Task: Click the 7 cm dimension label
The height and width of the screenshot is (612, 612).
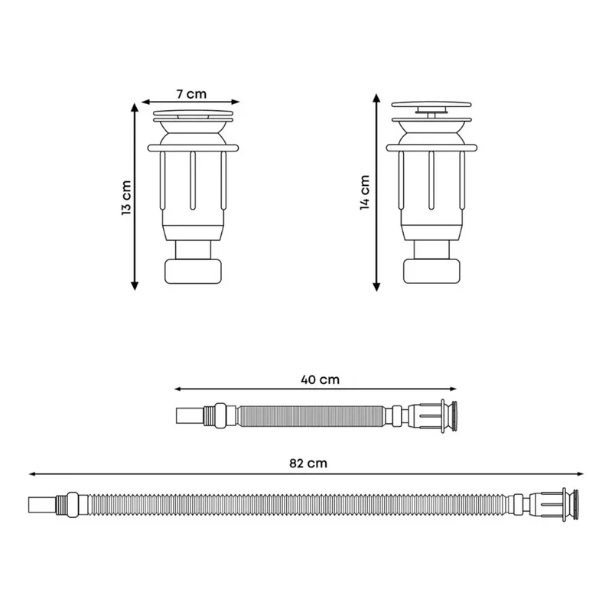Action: coord(191,94)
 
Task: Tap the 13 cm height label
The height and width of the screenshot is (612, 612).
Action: coord(126,197)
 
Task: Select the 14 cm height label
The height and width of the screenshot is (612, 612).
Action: coord(365,193)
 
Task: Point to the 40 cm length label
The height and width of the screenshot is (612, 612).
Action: coord(320,379)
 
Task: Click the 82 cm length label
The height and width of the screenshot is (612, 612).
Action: coord(308,463)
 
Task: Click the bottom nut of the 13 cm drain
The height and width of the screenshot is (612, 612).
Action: coord(194,271)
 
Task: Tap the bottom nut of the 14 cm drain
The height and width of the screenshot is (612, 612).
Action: coord(431,271)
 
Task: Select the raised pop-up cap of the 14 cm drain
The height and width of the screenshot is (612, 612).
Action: coord(431,104)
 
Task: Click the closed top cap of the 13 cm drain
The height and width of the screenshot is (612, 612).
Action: coord(194,112)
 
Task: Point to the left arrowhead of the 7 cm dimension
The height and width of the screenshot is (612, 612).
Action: coord(145,102)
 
